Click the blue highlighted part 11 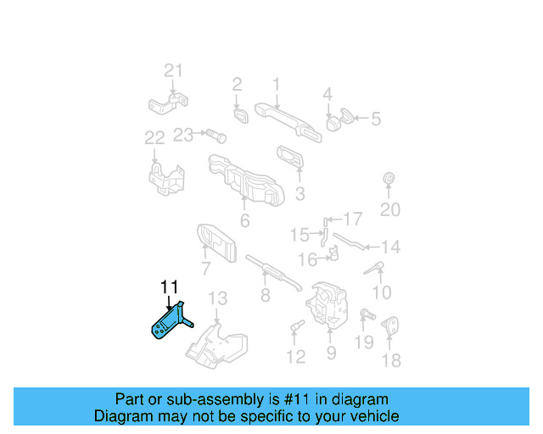pyautogui.click(x=169, y=325)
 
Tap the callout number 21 pyautogui.click(x=173, y=70)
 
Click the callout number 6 pyautogui.click(x=244, y=221)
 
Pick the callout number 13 pyautogui.click(x=218, y=298)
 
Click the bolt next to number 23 pyautogui.click(x=213, y=134)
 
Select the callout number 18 pyautogui.click(x=390, y=361)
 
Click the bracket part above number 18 pyautogui.click(x=391, y=325)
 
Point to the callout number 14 pyautogui.click(x=389, y=248)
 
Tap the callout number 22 pyautogui.click(x=154, y=137)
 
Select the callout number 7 pyautogui.click(x=205, y=270)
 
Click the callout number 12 pyautogui.click(x=295, y=357)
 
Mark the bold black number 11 pyautogui.click(x=170, y=287)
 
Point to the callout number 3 pyautogui.click(x=299, y=194)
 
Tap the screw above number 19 pyautogui.click(x=365, y=314)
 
